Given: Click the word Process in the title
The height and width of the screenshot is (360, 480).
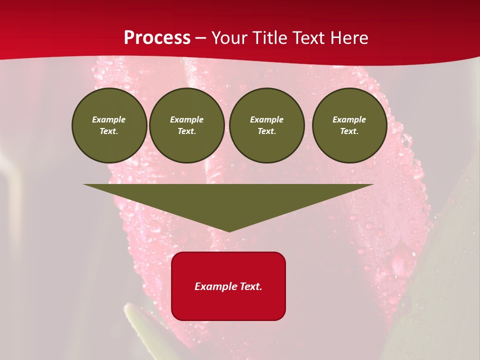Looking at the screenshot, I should point(157,37).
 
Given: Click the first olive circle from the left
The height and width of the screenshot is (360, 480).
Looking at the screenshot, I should point(109,125).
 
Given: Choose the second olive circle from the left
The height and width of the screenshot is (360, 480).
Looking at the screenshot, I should point(187,125).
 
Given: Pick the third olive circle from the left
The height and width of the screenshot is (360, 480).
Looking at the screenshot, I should point(266,125).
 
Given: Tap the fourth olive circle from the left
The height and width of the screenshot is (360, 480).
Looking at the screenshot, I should point(349,125).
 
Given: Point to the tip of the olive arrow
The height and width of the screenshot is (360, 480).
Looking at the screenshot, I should point(229,231).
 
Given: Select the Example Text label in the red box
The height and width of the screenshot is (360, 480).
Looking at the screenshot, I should point(228,286).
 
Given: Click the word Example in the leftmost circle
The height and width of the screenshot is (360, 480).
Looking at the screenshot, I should point(109,119).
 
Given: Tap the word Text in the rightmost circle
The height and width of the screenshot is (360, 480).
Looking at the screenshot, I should point(348,131).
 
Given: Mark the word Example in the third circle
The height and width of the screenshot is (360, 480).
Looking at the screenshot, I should point(266,119).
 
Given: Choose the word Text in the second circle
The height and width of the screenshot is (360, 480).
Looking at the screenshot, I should point(186,131).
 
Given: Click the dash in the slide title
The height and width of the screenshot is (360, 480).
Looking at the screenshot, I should point(201,38).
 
